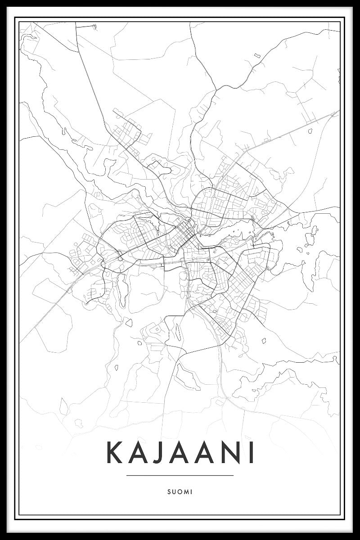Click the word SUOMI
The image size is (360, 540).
[180, 492]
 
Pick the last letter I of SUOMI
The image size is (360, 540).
[191, 492]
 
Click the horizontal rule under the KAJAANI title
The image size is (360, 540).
[180, 475]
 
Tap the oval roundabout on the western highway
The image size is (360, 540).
[120, 259]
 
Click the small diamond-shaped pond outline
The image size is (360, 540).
[129, 322]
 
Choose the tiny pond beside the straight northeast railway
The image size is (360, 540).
[310, 131]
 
